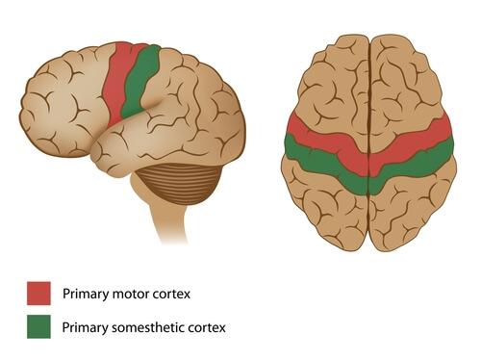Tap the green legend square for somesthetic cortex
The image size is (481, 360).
[38, 327]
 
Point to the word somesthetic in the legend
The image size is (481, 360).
[148, 327]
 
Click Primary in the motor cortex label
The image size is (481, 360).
[83, 293]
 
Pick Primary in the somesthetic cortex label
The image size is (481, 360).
[83, 327]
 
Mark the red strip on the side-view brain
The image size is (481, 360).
[121, 82]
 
